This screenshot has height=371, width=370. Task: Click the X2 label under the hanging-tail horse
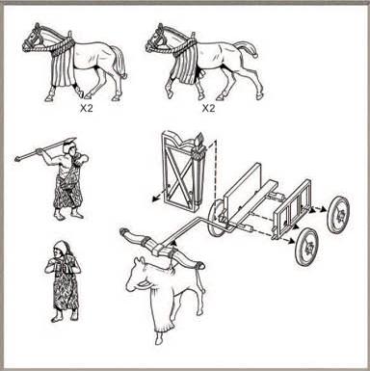(x=86, y=108)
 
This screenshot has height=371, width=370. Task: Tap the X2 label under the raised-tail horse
(x=208, y=108)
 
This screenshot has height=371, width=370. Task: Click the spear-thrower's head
(x=69, y=148)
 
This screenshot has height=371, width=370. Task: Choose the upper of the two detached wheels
(x=338, y=214)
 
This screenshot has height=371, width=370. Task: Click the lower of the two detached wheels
(x=307, y=247)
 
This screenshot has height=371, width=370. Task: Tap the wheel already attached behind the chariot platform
(x=215, y=218)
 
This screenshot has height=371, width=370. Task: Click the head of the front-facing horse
(x=139, y=275)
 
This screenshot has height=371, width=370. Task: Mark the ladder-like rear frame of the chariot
(x=292, y=209)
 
